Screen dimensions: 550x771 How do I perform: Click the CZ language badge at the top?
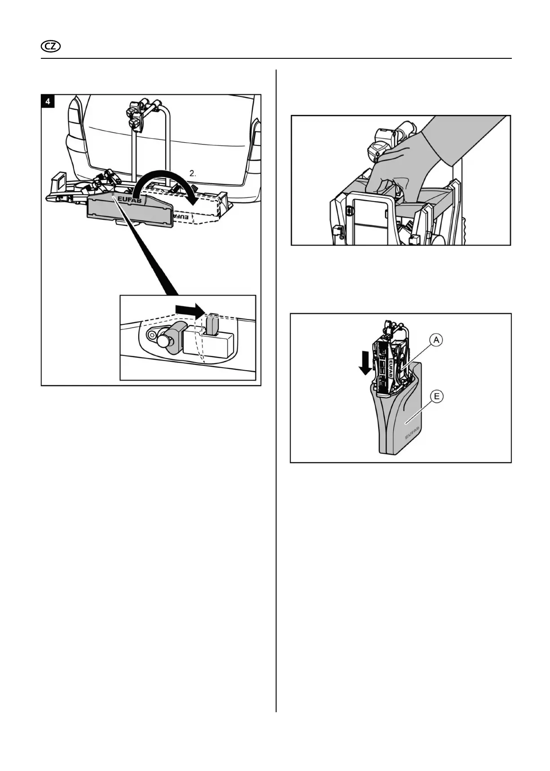[51, 47]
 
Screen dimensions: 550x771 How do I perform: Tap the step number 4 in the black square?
[48, 101]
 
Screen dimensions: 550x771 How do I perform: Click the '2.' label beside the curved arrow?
[193, 173]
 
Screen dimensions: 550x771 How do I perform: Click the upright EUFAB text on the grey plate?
[129, 199]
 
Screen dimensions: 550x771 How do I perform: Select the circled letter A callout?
[436, 340]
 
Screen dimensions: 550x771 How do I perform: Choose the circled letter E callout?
[436, 396]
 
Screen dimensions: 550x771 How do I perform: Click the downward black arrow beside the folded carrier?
[366, 363]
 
